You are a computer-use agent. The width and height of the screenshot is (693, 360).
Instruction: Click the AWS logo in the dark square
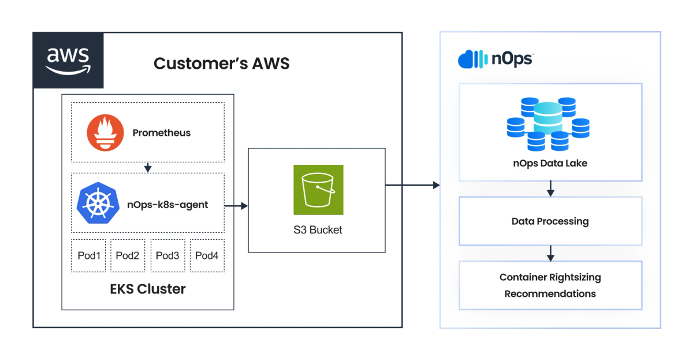pyautogui.click(x=68, y=61)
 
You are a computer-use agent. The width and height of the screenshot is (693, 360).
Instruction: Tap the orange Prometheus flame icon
pyautogui.click(x=105, y=132)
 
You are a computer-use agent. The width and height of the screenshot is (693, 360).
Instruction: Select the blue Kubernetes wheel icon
pyautogui.click(x=98, y=203)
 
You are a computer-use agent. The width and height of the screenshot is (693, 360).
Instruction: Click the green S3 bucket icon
pyautogui.click(x=318, y=190)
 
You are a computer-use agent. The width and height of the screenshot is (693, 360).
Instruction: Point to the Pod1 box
pyautogui.click(x=88, y=255)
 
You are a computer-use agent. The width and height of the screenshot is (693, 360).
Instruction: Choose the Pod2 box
pyautogui.click(x=128, y=255)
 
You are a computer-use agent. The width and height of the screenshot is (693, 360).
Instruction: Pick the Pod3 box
pyautogui.click(x=167, y=255)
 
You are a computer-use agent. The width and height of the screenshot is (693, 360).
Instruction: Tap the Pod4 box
pyautogui.click(x=207, y=255)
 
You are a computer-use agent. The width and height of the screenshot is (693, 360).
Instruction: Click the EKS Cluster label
pyautogui.click(x=148, y=289)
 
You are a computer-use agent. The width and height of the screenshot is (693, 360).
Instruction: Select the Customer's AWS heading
pyautogui.click(x=222, y=64)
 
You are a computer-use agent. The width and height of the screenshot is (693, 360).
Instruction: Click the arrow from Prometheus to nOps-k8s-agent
pyautogui.click(x=148, y=168)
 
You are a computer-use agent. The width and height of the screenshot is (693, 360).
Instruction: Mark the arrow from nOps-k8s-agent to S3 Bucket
pyautogui.click(x=236, y=206)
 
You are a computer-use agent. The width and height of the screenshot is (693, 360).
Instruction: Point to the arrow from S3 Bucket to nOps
pyautogui.click(x=412, y=185)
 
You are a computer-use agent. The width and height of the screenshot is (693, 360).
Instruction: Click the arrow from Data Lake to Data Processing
pyautogui.click(x=550, y=188)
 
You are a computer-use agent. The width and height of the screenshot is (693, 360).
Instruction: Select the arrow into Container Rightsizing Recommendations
pyautogui.click(x=550, y=254)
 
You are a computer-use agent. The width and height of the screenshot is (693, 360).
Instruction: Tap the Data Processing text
pyautogui.click(x=550, y=221)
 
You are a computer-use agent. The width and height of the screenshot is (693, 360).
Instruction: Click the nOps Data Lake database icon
pyautogui.click(x=548, y=124)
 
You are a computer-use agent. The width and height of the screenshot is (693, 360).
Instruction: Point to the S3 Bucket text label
pyautogui.click(x=318, y=230)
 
